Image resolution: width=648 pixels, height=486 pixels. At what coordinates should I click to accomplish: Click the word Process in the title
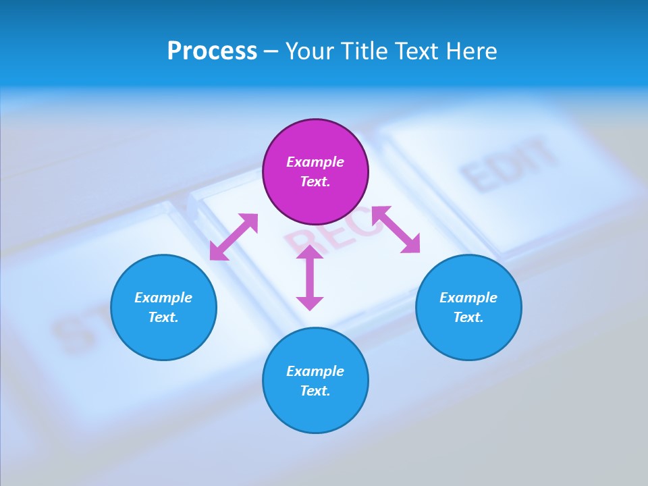(x=212, y=51)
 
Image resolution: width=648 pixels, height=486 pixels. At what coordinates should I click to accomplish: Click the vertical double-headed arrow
(x=310, y=277)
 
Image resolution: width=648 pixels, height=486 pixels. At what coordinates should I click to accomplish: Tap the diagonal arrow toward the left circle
(x=234, y=237)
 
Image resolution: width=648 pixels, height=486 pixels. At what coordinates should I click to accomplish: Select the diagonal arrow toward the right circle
(x=396, y=230)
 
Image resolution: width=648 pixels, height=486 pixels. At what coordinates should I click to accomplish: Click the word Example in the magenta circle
(x=315, y=162)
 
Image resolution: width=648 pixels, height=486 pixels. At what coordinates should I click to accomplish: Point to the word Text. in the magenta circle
(x=315, y=182)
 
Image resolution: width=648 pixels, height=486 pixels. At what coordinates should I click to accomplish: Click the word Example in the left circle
(x=163, y=298)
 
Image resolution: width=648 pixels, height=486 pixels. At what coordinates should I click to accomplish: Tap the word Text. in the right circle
(x=468, y=317)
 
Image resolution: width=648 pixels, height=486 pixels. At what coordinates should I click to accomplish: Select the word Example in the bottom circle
(x=315, y=371)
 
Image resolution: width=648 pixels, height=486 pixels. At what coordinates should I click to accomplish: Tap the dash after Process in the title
(x=271, y=51)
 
